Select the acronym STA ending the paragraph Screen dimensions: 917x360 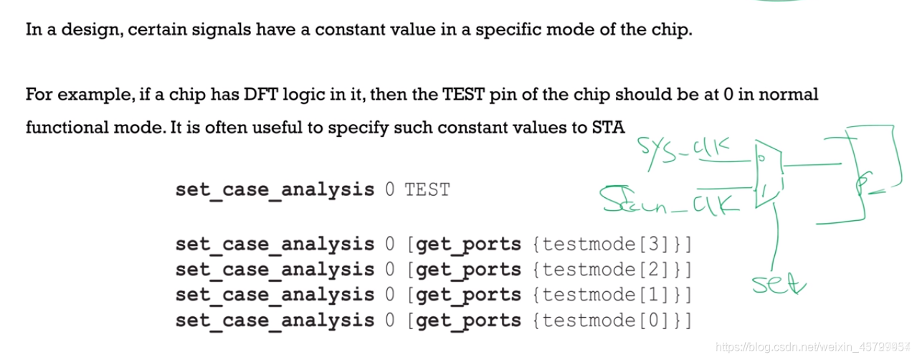pos(608,128)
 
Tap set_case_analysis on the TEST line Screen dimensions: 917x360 pos(275,190)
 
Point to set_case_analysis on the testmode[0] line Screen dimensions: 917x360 pos(275,320)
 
